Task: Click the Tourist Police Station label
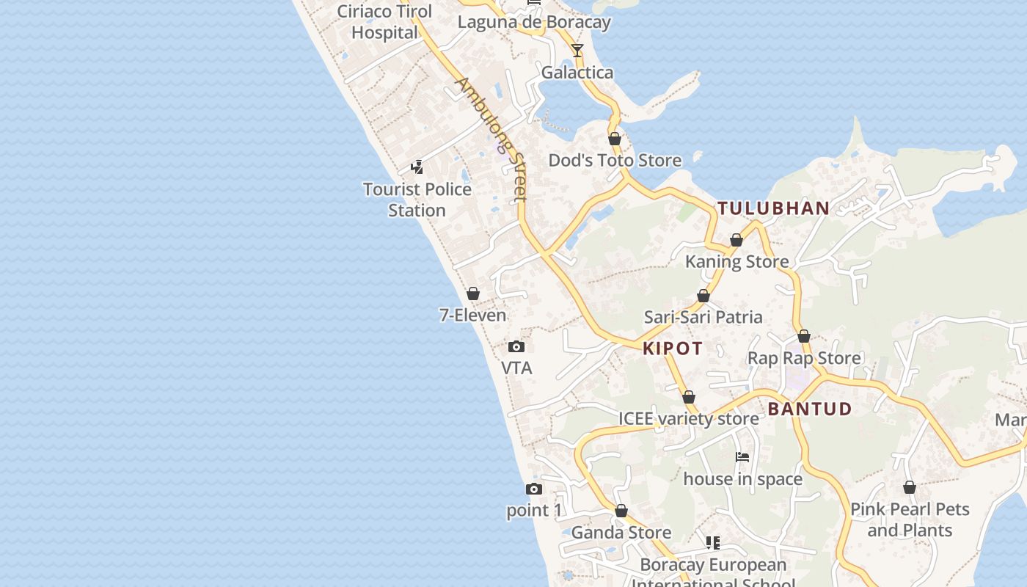click(417, 200)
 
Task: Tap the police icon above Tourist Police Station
click(417, 167)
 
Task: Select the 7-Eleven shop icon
click(473, 294)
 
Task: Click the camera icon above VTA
click(516, 346)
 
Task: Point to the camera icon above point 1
click(534, 489)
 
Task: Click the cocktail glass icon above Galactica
click(577, 51)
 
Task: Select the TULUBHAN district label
click(773, 208)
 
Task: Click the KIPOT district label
click(673, 349)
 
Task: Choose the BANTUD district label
click(810, 409)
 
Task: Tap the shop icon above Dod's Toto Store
click(615, 139)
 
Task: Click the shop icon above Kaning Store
click(737, 240)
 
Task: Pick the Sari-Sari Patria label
click(703, 317)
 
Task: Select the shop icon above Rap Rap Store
click(804, 336)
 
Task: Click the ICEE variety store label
click(688, 419)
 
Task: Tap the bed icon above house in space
click(742, 457)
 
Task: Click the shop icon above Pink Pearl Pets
click(910, 487)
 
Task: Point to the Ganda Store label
click(621, 533)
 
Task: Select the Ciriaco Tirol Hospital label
click(384, 22)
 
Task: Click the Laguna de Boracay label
click(534, 22)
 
